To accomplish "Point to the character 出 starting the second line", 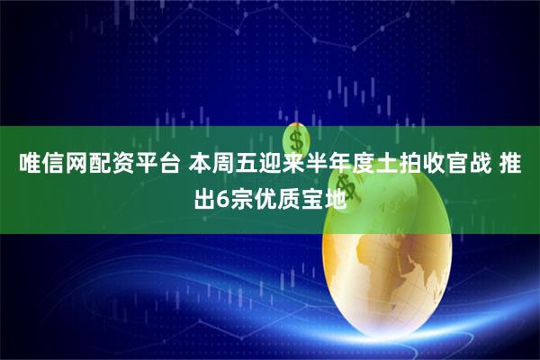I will pyautogui.click(x=205, y=195).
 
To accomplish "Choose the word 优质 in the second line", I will pyautogui.click(x=275, y=195).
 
